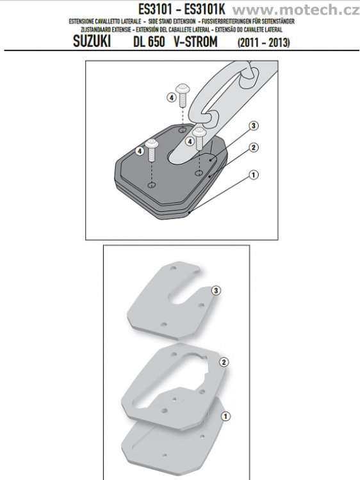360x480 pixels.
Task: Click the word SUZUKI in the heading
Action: (92, 42)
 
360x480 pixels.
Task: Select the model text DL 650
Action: (149, 42)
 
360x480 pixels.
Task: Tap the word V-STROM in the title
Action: (195, 42)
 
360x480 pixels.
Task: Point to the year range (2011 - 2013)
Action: (263, 42)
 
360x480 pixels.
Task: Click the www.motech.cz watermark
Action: (296, 10)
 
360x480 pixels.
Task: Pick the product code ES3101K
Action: (205, 10)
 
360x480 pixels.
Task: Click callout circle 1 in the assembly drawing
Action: (254, 175)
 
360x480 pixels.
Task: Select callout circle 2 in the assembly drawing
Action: (254, 148)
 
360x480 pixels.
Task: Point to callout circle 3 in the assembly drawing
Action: (254, 125)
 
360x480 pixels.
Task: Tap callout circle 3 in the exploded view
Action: (217, 290)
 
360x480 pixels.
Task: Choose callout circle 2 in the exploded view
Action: (224, 362)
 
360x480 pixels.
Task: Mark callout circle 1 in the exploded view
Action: (225, 417)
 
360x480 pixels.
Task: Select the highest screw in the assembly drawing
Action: (183, 95)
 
